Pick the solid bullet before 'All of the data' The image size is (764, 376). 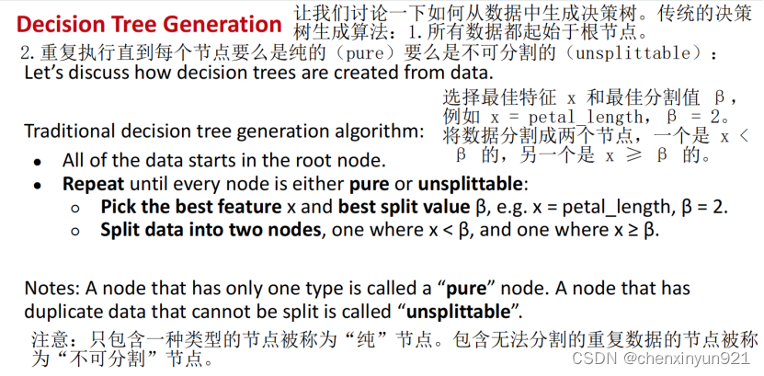click(37, 162)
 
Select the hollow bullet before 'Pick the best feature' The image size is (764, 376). click(75, 209)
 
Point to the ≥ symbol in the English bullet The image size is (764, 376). click(633, 231)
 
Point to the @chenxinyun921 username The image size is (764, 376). click(686, 359)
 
